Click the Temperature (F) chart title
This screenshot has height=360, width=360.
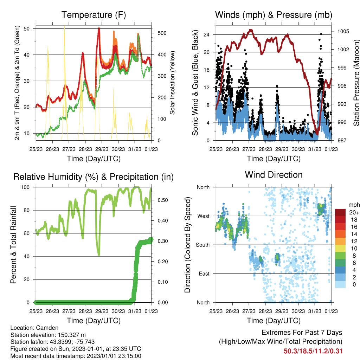[x=94, y=15]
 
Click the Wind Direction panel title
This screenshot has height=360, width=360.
[x=274, y=175]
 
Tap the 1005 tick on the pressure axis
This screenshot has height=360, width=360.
[x=343, y=31]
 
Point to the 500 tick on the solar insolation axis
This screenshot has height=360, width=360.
[x=162, y=33]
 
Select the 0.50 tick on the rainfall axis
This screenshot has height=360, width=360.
[x=163, y=200]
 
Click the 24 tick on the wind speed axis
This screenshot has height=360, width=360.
[x=206, y=35]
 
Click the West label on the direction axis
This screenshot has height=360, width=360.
[x=204, y=216]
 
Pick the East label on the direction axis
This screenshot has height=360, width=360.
[x=204, y=274]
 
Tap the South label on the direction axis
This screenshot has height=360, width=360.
[x=203, y=245]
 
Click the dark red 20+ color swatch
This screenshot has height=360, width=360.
[x=340, y=212]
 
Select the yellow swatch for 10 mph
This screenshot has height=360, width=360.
[x=340, y=249]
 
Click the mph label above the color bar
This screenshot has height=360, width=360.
[x=354, y=205]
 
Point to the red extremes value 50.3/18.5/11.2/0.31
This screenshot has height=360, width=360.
[x=313, y=351]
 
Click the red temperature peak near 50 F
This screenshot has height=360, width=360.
[x=99, y=28]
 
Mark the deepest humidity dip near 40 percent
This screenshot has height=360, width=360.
[x=99, y=255]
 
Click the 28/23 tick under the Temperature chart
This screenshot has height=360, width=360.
[x=85, y=149]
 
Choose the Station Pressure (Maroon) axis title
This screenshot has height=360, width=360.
[x=356, y=83]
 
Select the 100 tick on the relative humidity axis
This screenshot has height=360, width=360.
[x=25, y=187]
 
